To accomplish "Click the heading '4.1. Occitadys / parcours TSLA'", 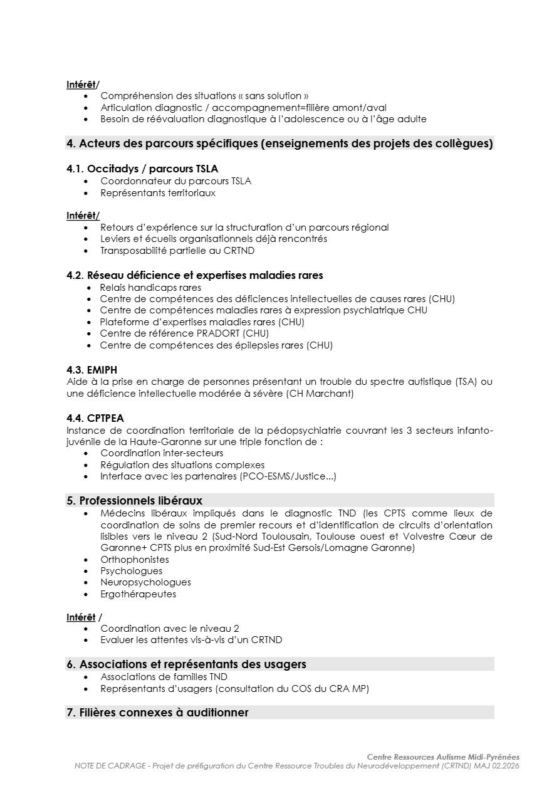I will point(142,169).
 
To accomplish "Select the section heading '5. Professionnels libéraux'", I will point(134,500).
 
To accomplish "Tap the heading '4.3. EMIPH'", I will point(91,370).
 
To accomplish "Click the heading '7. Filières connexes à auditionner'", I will point(157,713).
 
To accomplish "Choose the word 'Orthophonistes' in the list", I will point(134,559).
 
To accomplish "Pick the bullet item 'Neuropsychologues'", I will point(145,582).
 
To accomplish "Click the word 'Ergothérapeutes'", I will point(138,594).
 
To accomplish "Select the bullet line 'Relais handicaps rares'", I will point(150,288).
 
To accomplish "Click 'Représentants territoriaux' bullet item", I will point(157,193).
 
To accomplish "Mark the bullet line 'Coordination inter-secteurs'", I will point(161,453).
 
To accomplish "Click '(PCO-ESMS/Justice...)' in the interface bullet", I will point(288,476).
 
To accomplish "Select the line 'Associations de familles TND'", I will point(164,677).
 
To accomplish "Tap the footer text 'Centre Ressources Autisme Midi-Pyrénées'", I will point(443,757).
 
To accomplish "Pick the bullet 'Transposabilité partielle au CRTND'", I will point(177,251).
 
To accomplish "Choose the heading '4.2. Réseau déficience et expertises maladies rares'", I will point(195,275).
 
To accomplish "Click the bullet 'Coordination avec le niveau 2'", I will point(169,629).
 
